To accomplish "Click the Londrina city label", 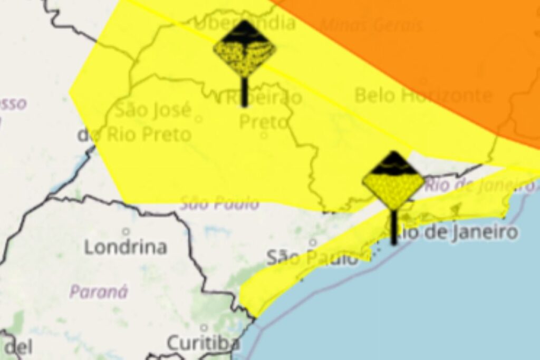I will pos(126,247).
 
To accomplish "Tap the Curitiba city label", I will pos(203,343).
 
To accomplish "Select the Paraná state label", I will pos(99,291).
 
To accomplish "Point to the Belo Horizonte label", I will pos(423,95).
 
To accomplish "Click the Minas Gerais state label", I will pos(371,25).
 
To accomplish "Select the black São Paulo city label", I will pos(312,258).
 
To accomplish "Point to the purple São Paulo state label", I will pos(219,203).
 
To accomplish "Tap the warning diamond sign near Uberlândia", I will pos(244,48).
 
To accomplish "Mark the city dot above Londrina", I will pos(126,231).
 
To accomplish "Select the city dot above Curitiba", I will pos(204,328).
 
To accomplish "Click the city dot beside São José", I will pos(198,119).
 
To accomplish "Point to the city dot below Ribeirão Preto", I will pos(264,135).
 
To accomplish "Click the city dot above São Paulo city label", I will pos(313,242).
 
